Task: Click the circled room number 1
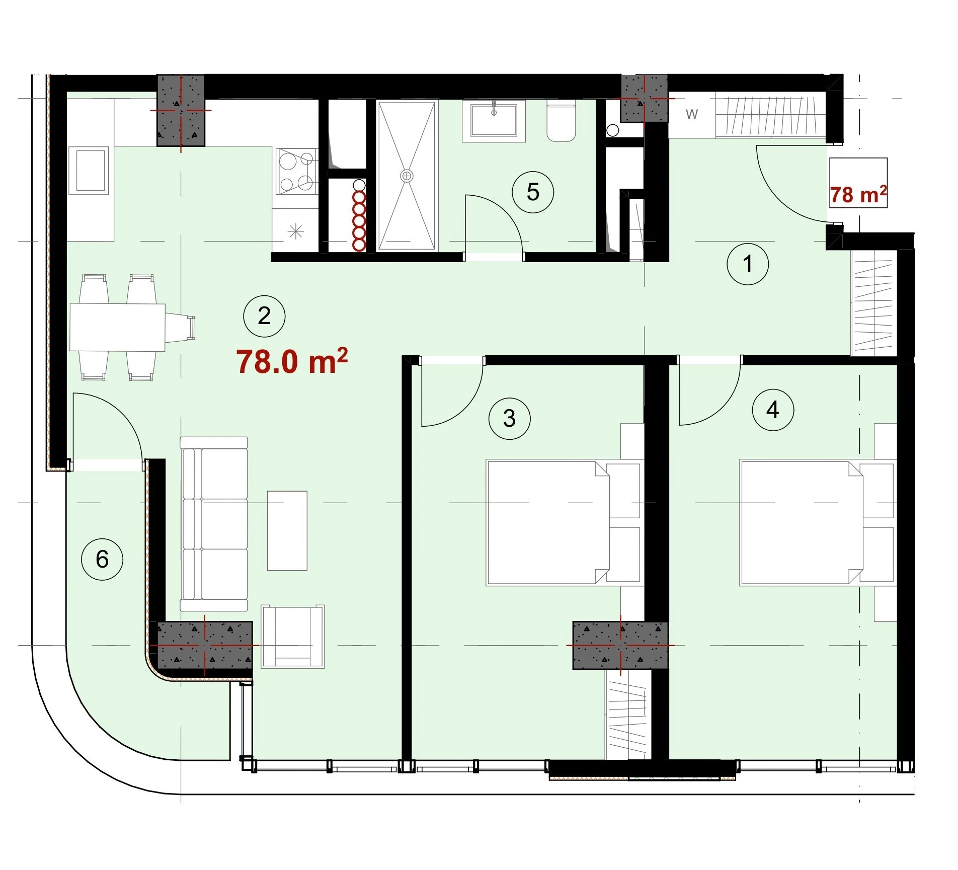pos(748,264)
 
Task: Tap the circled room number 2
pos(264,316)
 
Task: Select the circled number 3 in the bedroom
pos(509,418)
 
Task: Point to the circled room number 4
pos(773,410)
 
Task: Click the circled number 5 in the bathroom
pos(533,192)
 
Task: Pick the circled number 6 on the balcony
pos(102,559)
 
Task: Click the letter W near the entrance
pos(692,114)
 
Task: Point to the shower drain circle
pos(407,176)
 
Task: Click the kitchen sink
pos(89,170)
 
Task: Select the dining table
pos(118,327)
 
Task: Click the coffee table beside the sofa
pos(287,530)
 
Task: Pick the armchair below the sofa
pos(292,637)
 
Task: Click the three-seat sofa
pos(214,524)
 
